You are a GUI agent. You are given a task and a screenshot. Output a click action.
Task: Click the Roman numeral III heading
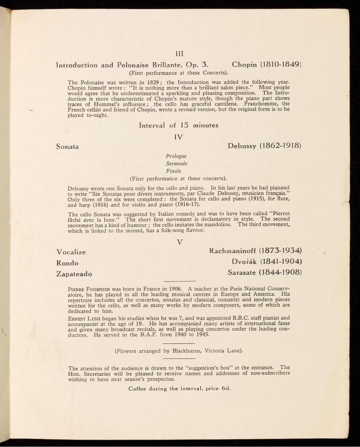pyautogui.click(x=180, y=54)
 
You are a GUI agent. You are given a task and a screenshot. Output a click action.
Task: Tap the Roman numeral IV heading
pyautogui.click(x=179, y=137)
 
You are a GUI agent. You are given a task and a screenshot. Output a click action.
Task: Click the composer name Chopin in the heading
pyautogui.click(x=244, y=65)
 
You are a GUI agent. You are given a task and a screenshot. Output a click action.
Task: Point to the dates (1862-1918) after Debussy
pyautogui.click(x=280, y=146)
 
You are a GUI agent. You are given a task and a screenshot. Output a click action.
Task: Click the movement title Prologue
pyautogui.click(x=176, y=156)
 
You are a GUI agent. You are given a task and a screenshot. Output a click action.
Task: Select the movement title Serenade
pyautogui.click(x=177, y=163)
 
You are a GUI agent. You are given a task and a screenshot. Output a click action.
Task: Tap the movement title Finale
pyautogui.click(x=173, y=171)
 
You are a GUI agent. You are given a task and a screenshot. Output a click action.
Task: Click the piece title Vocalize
pyautogui.click(x=71, y=252)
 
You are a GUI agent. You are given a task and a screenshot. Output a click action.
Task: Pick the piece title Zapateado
pyautogui.click(x=74, y=274)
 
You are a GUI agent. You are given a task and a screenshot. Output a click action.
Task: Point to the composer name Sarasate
pyautogui.click(x=242, y=272)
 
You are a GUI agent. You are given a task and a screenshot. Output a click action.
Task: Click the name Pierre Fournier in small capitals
pyautogui.click(x=89, y=289)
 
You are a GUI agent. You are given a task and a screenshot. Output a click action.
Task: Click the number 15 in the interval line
pyautogui.click(x=184, y=125)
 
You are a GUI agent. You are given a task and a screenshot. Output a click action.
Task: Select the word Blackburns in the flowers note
pyautogui.click(x=186, y=351)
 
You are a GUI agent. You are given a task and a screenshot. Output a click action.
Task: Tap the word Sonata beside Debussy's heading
pyautogui.click(x=68, y=147)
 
